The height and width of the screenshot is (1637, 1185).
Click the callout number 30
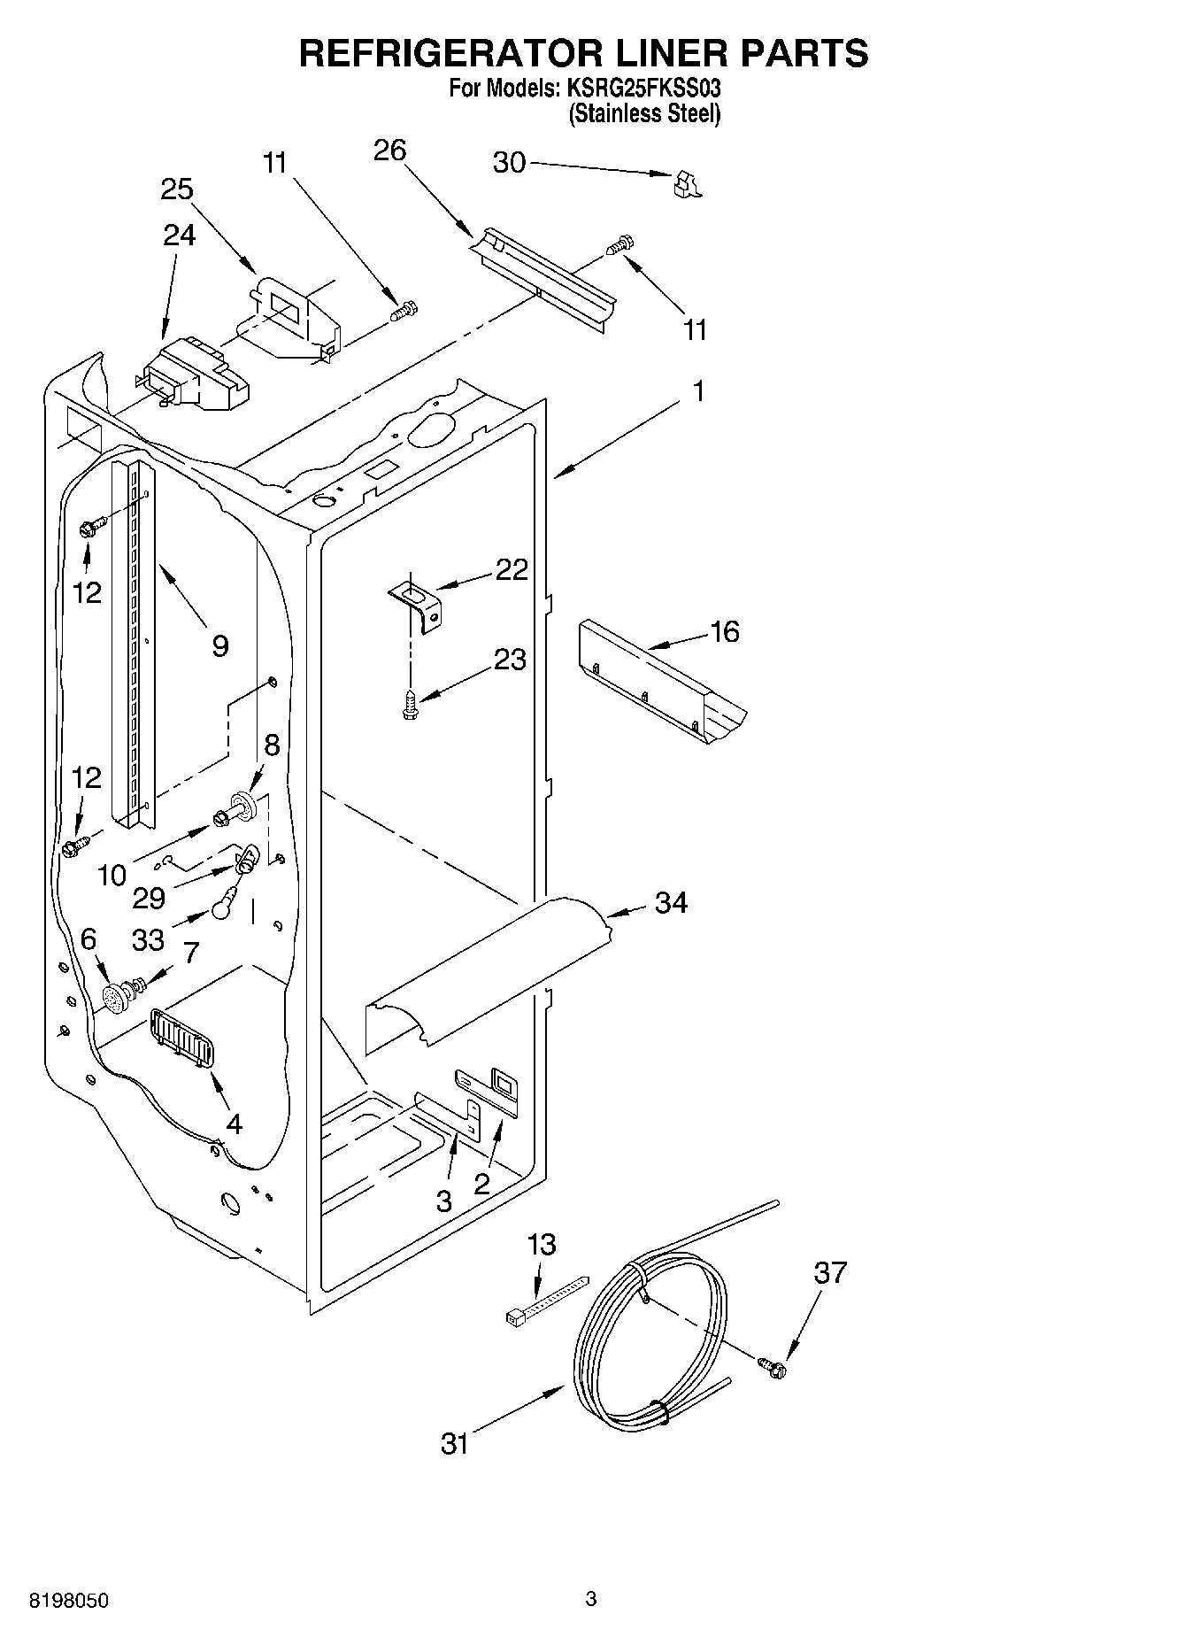tap(509, 163)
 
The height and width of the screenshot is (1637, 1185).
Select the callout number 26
tap(389, 151)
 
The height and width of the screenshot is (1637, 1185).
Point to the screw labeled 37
tap(772, 1367)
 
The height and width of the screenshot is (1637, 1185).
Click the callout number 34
tap(671, 903)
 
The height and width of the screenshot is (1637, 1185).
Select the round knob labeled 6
tap(115, 999)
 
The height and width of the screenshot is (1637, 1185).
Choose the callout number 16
tap(724, 632)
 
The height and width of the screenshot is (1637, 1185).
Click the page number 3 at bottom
tap(591, 1599)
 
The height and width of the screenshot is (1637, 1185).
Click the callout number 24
tap(180, 236)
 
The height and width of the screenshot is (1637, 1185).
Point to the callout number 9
tap(220, 645)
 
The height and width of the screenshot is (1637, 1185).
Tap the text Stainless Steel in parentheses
tap(644, 113)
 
